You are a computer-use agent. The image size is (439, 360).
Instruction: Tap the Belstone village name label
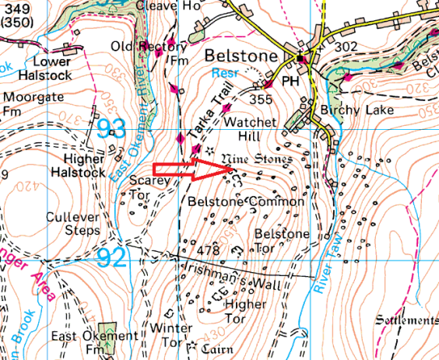coord(241,57)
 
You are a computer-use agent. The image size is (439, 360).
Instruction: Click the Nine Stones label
coord(256,159)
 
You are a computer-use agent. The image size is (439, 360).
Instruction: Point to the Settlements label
coord(406,320)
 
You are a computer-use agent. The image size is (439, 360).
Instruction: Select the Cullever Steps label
coord(72,224)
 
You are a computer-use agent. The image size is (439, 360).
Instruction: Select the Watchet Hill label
coord(245,129)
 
